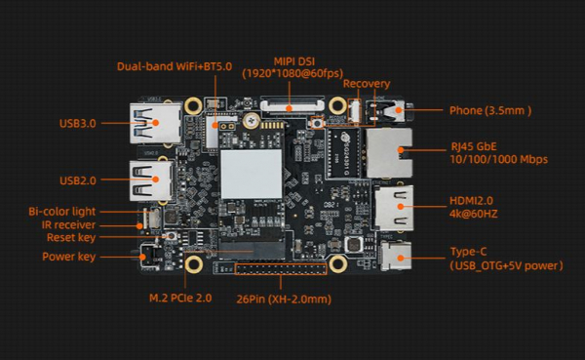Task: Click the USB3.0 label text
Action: tap(78, 124)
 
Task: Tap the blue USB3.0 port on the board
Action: tap(156, 123)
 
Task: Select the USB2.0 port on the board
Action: tap(151, 180)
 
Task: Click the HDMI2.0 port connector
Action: tap(394, 208)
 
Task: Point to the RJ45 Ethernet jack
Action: tap(389, 152)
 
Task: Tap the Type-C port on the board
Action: tap(396, 256)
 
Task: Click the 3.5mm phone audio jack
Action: tap(388, 110)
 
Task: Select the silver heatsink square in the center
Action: tap(252, 174)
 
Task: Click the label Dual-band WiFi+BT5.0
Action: tap(175, 66)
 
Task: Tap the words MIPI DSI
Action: tap(294, 61)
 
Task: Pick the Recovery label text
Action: tap(367, 84)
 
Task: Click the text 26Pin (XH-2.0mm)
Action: tap(284, 300)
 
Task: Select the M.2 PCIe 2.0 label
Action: tap(180, 298)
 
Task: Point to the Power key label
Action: tap(68, 257)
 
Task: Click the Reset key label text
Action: tap(71, 237)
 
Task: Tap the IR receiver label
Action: tap(68, 224)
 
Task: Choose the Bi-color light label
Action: tap(62, 212)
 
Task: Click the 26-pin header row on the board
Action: tap(281, 269)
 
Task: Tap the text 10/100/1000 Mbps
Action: tap(499, 159)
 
